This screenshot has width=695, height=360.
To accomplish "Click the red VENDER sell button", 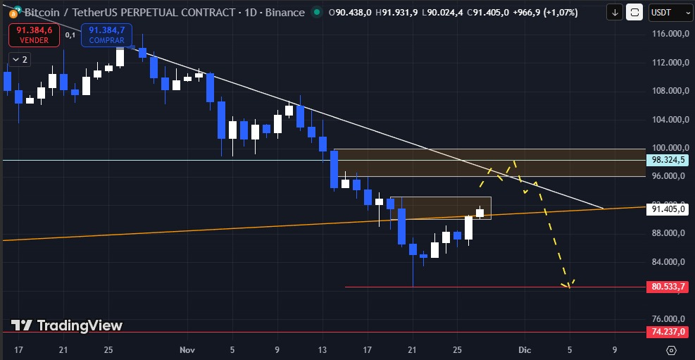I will [x=34, y=35].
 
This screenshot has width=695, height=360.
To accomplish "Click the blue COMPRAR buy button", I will [x=107, y=35].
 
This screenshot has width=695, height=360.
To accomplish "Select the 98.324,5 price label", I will [x=668, y=160].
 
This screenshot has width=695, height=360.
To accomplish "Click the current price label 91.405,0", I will [x=668, y=209].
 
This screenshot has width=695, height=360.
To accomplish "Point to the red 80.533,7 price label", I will [x=668, y=287].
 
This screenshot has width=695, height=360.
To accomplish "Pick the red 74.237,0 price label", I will [x=668, y=332].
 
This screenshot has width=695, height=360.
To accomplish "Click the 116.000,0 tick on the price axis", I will [x=668, y=34].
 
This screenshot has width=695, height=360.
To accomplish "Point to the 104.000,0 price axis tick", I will [x=668, y=119].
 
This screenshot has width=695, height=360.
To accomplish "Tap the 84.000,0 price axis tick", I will [x=668, y=262].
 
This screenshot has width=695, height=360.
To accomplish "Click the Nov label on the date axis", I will [x=187, y=349].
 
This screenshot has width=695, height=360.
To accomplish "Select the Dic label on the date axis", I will [x=524, y=349].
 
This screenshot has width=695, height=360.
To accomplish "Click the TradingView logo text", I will [x=68, y=325].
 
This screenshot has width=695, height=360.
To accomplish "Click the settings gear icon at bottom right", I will [x=671, y=349].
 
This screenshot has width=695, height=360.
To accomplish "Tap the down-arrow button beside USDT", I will [x=615, y=12].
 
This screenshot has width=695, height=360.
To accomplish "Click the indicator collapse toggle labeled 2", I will [x=20, y=60].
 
